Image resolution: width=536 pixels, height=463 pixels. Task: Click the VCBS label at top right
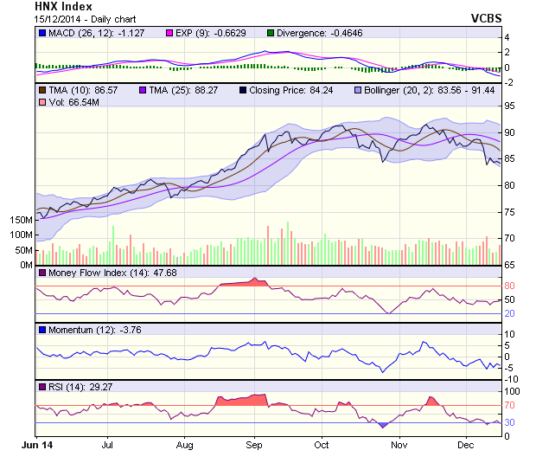487,18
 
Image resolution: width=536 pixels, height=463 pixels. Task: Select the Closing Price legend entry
293,89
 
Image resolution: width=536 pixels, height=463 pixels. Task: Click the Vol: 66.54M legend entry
67,103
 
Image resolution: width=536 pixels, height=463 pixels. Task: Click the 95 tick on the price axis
510,106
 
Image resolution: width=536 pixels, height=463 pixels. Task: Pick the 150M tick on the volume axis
22,221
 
